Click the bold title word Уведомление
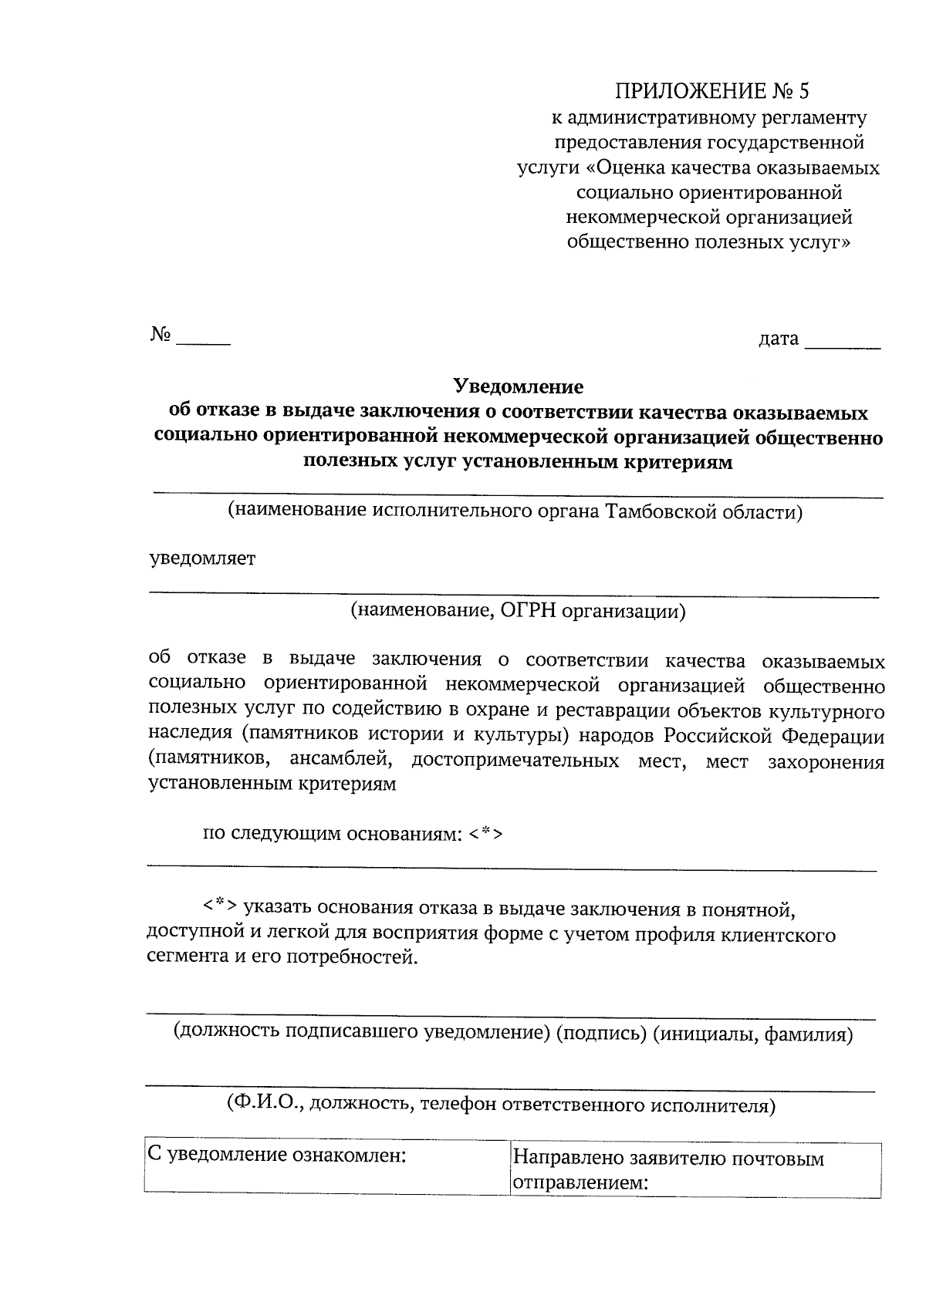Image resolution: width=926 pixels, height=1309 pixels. point(518,386)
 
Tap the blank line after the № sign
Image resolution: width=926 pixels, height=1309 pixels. point(203,340)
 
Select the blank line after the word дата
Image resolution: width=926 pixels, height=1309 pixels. point(842,346)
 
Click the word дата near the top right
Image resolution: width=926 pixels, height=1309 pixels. point(779,338)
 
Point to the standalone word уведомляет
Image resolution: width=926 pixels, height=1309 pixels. point(203,558)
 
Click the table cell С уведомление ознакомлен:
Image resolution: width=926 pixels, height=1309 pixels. point(326,1167)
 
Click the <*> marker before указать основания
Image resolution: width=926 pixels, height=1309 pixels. point(220,903)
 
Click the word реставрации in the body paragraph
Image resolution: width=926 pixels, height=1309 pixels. point(603,710)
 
